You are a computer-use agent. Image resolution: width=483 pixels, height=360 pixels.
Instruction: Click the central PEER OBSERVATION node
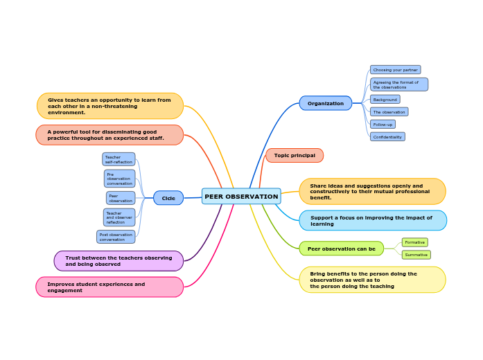click(x=241, y=197)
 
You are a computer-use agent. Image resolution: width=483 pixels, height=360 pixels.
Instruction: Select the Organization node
click(x=326, y=103)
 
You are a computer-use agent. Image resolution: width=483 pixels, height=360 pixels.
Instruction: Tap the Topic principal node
click(x=295, y=156)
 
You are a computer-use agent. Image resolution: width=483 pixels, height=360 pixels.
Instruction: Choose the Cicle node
click(x=168, y=198)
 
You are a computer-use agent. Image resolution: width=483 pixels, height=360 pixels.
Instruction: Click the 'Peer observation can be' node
click(x=341, y=249)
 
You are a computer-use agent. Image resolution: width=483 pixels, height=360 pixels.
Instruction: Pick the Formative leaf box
click(x=415, y=242)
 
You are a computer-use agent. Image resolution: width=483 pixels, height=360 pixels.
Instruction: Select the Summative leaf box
click(x=416, y=255)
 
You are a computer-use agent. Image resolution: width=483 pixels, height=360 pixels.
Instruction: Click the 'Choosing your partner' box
click(x=396, y=70)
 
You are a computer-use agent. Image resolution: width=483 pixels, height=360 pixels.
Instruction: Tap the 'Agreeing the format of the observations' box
click(x=399, y=84)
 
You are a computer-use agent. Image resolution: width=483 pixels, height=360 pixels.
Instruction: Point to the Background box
click(x=385, y=100)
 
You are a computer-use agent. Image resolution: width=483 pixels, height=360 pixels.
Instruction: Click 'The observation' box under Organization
click(x=389, y=112)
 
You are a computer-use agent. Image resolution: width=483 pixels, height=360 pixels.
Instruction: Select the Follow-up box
click(x=383, y=125)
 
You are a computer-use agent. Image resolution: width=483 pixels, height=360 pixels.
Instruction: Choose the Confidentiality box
click(x=387, y=137)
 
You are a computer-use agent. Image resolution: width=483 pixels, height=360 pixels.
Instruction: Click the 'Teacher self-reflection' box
click(x=118, y=160)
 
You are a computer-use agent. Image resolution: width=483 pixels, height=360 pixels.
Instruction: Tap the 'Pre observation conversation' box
click(x=120, y=179)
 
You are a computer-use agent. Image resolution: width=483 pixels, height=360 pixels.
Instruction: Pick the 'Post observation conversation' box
click(x=116, y=237)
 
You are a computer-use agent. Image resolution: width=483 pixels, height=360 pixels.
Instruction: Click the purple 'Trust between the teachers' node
click(x=118, y=261)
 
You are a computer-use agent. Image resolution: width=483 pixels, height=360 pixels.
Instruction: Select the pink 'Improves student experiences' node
click(x=109, y=287)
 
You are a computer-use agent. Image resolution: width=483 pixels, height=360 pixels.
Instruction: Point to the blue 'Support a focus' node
click(x=373, y=221)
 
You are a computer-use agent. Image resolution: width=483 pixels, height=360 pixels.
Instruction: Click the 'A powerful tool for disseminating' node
click(x=109, y=135)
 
